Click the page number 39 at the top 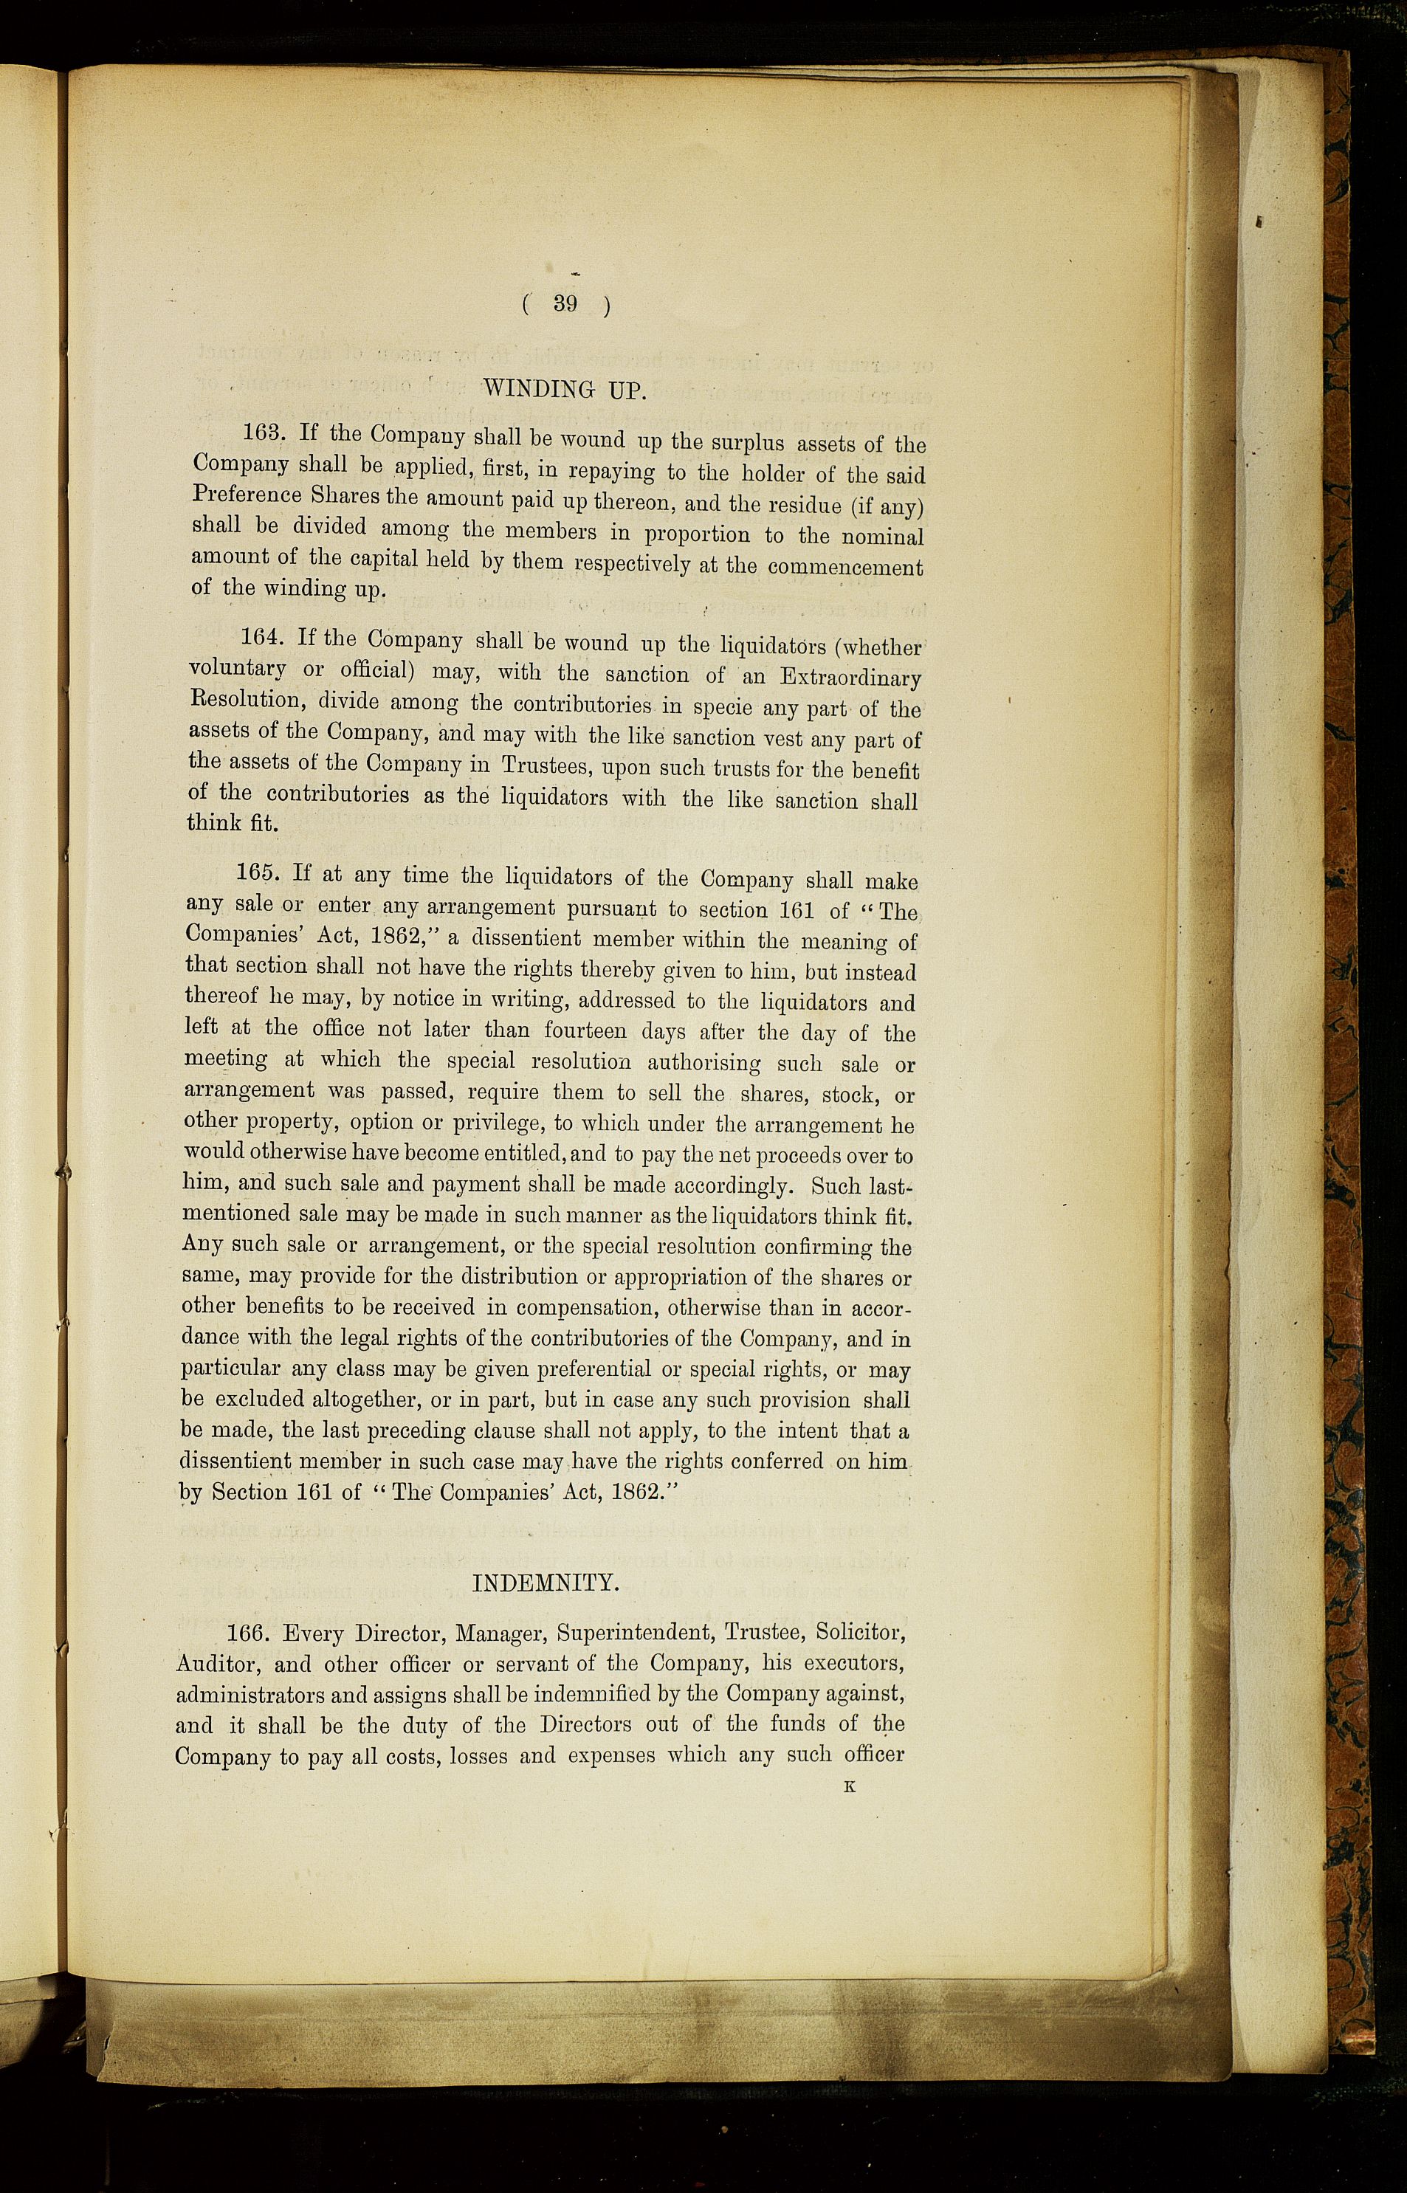click(565, 304)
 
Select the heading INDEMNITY click(546, 1583)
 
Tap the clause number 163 click(262, 432)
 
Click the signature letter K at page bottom click(850, 1788)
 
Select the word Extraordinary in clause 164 click(850, 678)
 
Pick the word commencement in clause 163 click(845, 566)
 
